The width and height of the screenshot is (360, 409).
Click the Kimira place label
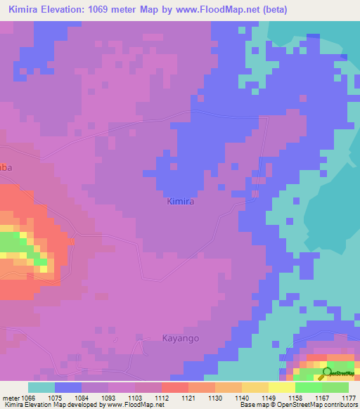pyautogui.click(x=180, y=202)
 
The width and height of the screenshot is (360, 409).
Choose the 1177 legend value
pyautogui.click(x=348, y=397)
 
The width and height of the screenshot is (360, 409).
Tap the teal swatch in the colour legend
pyautogui.click(x=41, y=387)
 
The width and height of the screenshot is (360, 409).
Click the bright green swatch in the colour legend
pyautogui.click(x=309, y=387)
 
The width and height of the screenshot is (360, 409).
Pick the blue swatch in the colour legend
pyautogui.click(x=68, y=387)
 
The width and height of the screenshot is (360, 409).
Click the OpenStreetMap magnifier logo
pyautogui.click(x=327, y=373)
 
